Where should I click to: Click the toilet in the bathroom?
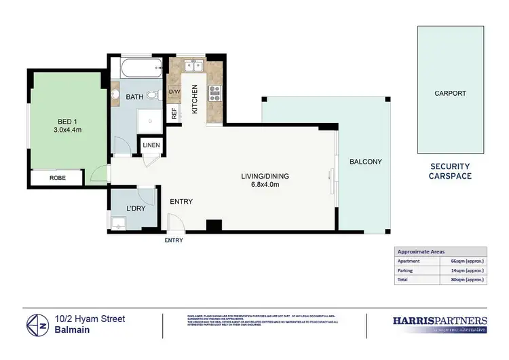point(155,95)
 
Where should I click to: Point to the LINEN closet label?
point(150,145)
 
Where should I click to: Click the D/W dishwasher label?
point(174,92)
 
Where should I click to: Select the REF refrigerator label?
point(174,113)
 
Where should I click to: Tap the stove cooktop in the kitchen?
point(215,93)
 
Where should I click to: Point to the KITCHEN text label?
point(195,98)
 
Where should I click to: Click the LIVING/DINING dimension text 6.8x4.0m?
point(261,185)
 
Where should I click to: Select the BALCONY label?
point(366,162)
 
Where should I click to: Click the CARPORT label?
point(450,93)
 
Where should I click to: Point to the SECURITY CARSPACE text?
point(450,171)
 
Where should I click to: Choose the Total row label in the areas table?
point(404,279)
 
